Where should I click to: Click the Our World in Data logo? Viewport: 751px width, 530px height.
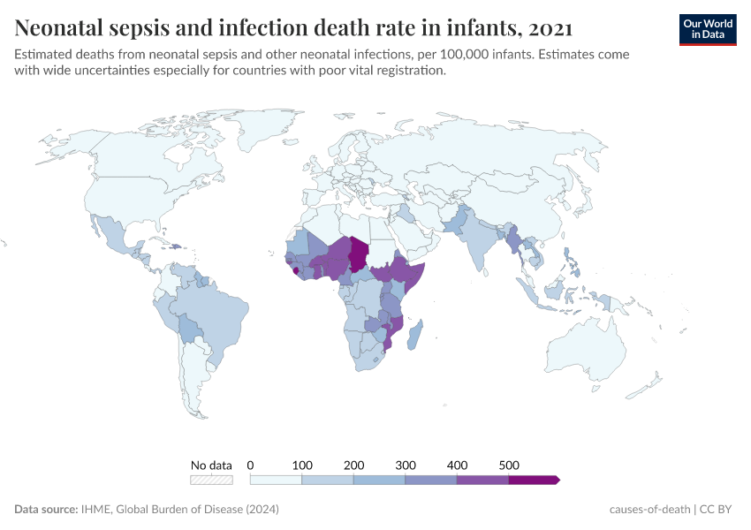click(x=708, y=29)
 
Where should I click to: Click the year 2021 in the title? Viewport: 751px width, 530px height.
click(x=548, y=28)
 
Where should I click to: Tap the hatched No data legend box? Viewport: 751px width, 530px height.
click(x=211, y=480)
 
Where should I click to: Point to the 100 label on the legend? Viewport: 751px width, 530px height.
click(x=302, y=465)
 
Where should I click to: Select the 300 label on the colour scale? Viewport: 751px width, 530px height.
click(x=406, y=465)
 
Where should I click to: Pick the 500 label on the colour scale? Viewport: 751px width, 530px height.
click(x=509, y=465)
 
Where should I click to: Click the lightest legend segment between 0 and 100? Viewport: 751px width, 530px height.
click(x=277, y=480)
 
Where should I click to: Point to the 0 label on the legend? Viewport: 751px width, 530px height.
click(x=251, y=465)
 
